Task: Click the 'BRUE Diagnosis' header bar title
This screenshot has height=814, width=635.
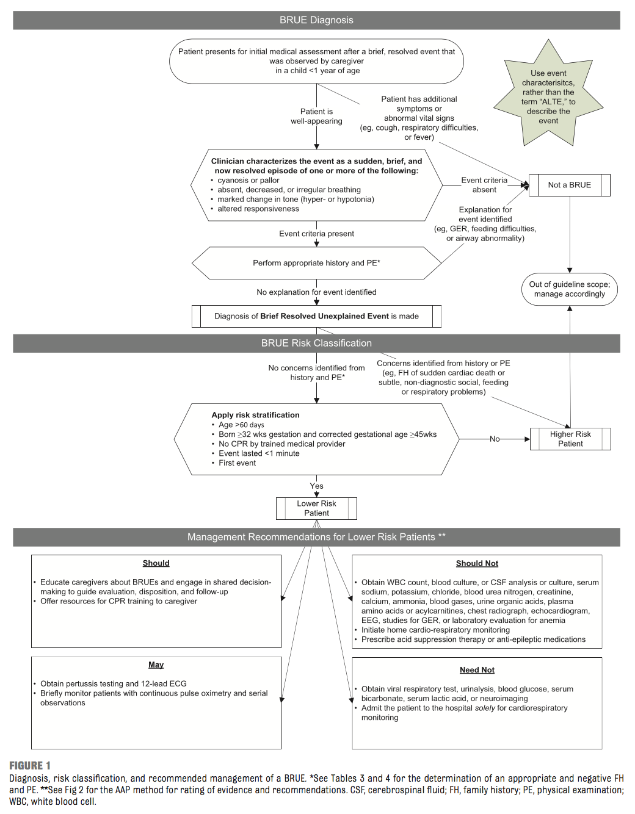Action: coord(316,20)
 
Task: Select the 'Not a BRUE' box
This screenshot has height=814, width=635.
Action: coord(569,185)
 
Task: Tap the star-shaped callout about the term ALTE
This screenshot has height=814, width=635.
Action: coord(548,96)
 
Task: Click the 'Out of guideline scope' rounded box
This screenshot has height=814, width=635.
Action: coord(569,289)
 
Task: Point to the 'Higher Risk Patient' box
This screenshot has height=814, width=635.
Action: coord(570,439)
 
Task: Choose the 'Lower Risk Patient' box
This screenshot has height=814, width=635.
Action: coord(316,508)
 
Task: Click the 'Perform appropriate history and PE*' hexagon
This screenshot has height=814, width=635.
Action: coord(316,263)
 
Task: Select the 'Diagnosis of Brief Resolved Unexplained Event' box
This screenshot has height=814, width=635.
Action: coord(316,316)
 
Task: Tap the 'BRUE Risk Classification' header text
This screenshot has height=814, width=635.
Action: coord(316,343)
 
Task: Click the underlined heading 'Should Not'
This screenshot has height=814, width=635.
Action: coord(477,563)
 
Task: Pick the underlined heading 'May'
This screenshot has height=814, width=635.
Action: coord(156,665)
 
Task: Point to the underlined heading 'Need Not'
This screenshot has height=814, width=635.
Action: coord(477,669)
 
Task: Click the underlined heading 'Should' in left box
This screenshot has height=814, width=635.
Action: coord(156,563)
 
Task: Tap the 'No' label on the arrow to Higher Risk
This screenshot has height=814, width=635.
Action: coord(495,439)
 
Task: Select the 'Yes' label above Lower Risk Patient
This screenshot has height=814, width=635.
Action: coord(316,486)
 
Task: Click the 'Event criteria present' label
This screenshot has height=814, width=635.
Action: coord(316,234)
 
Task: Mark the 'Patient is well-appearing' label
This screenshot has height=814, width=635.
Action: coord(316,116)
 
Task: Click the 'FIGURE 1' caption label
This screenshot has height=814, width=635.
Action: coord(30,765)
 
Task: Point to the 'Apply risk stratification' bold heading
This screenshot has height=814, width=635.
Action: coord(255,415)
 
